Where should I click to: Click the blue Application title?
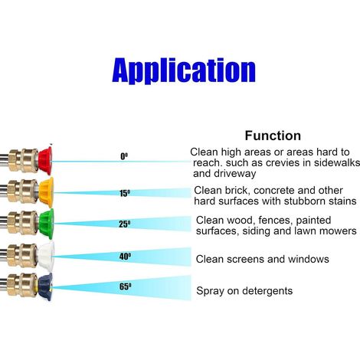184,70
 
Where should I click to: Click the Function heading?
273,136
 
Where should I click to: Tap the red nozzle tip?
45,161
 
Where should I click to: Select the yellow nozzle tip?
46,192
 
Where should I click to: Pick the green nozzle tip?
46,224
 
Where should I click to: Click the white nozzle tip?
46,256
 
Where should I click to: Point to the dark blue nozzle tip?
45,286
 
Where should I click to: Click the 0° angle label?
124,156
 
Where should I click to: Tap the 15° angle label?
125,193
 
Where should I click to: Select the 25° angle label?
125,224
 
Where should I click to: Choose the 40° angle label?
125,257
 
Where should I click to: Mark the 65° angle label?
126,286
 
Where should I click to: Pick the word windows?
309,259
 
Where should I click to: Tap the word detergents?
267,291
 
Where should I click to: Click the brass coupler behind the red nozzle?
24,160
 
